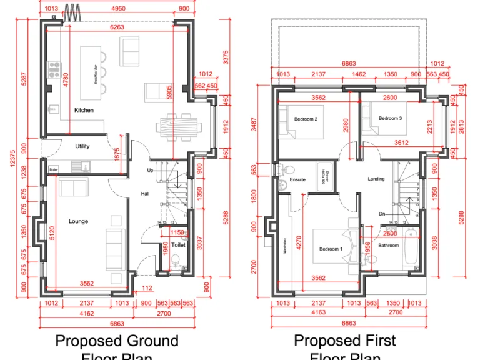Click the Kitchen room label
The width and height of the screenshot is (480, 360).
click(84, 110)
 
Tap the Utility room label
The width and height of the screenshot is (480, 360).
click(82, 146)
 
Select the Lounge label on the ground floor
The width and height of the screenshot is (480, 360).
click(78, 221)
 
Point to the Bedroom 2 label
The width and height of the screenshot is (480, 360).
click(306, 119)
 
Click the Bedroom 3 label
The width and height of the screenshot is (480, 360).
click(390, 118)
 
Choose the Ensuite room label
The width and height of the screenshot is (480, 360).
click(297, 179)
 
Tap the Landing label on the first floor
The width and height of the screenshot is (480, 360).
click(376, 179)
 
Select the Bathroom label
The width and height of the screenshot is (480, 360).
click(388, 246)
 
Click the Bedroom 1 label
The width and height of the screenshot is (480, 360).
click(331, 249)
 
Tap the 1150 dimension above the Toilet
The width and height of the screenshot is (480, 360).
click(177, 232)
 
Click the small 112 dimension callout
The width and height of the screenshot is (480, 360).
click(146, 288)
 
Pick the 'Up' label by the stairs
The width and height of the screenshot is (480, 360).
click(150, 170)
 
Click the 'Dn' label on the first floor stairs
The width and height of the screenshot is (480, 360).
click(382, 213)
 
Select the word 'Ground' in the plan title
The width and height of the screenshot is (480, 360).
click(151, 341)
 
